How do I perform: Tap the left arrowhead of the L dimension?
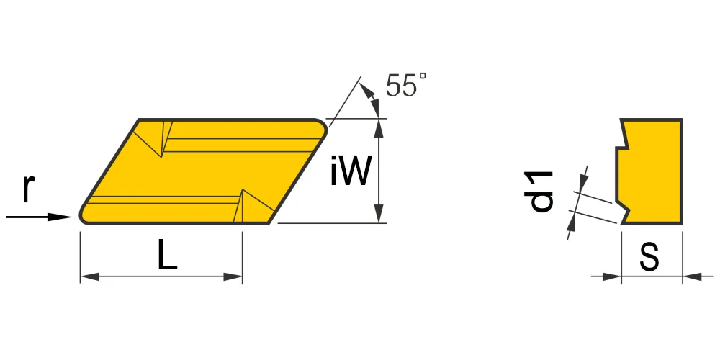click(90, 277)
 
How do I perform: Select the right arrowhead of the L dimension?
click(233, 277)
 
